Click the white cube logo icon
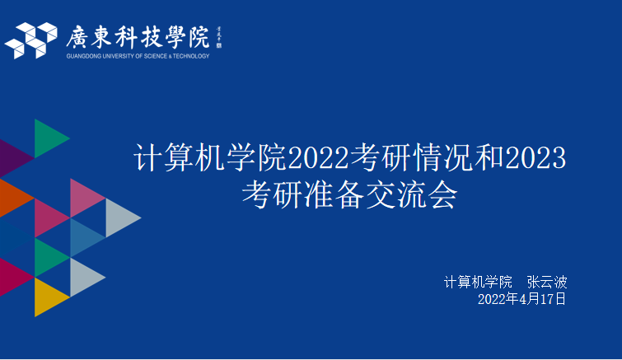[31, 40]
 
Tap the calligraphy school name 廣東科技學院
[138, 38]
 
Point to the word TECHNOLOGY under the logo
[191, 56]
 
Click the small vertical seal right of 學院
[218, 38]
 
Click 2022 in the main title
[318, 158]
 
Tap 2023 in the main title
[536, 158]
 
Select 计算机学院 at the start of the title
[210, 157]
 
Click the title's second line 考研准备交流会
[350, 195]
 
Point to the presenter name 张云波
[547, 283]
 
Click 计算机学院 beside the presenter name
[478, 283]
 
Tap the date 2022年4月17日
[521, 299]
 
